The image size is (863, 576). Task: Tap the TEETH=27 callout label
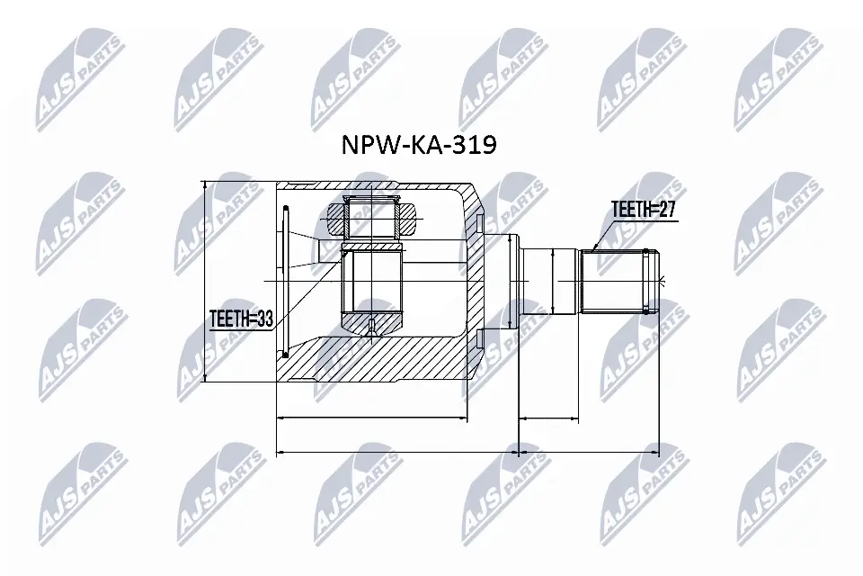(642, 210)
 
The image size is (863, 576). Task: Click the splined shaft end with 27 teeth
(619, 280)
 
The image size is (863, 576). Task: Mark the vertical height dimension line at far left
(207, 281)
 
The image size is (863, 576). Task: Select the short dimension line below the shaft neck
(549, 418)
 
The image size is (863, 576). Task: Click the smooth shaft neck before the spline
(549, 280)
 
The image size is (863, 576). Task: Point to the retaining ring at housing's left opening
(283, 281)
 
